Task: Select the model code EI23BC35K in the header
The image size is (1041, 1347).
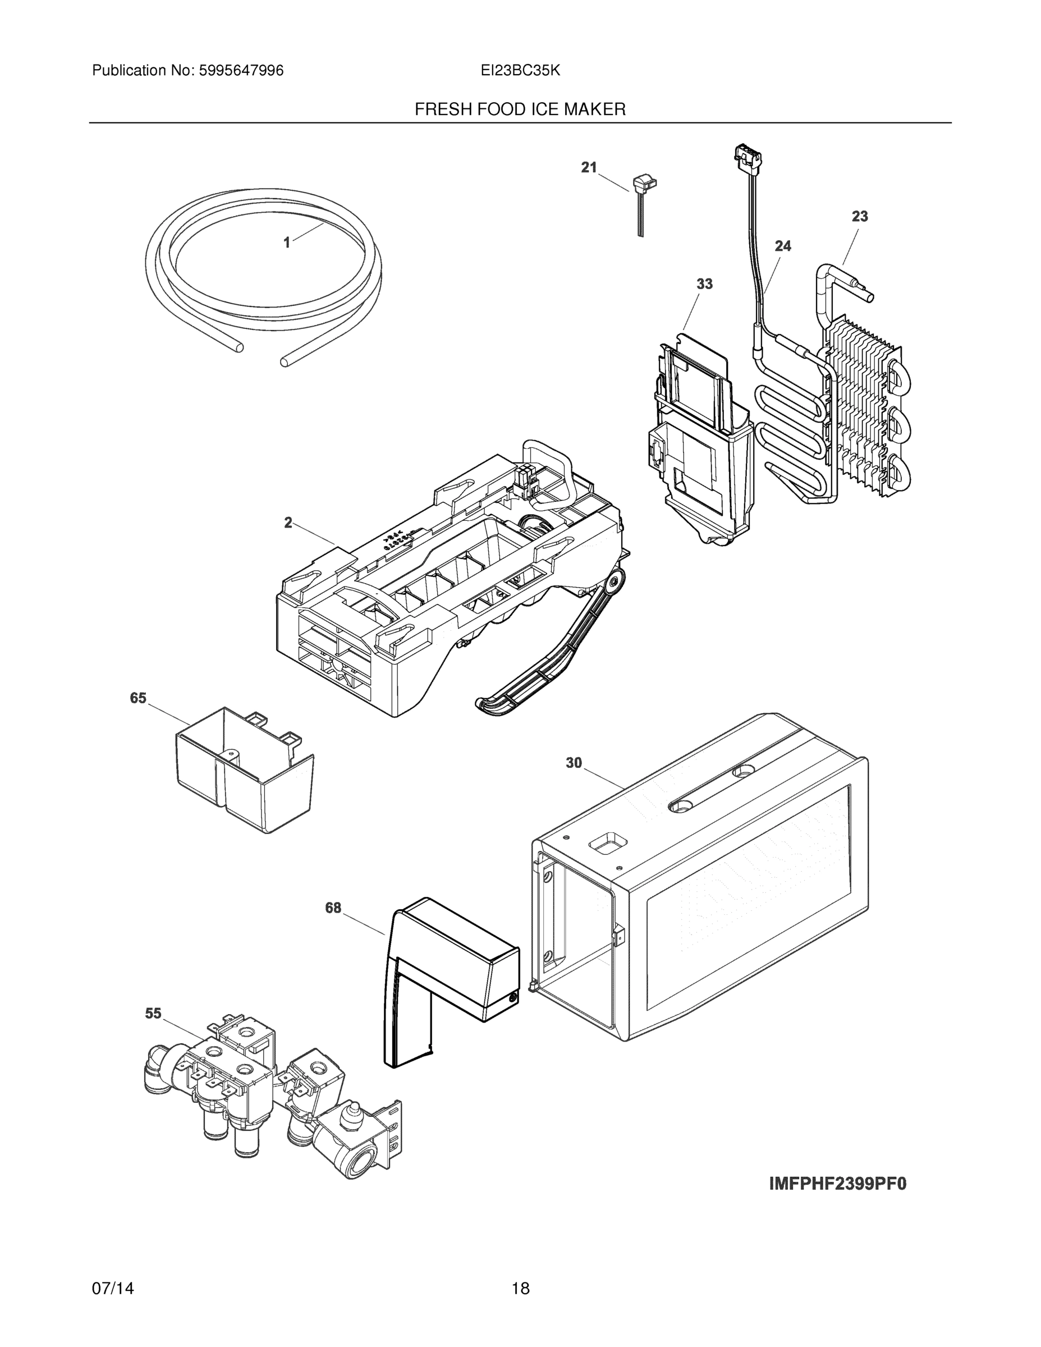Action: click(x=520, y=71)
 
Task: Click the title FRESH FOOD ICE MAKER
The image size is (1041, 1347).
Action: click(x=520, y=110)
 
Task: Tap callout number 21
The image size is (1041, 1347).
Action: click(x=589, y=167)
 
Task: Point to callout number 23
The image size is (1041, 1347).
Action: click(x=860, y=217)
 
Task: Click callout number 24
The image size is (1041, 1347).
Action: click(x=783, y=246)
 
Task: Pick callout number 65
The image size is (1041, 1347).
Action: click(x=137, y=698)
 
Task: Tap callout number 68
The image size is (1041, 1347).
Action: click(x=333, y=908)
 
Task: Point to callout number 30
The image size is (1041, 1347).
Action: click(x=574, y=763)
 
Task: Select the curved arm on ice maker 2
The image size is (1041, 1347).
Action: click(x=555, y=654)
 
